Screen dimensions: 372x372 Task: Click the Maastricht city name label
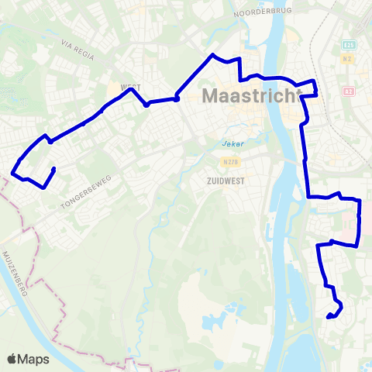(250, 97)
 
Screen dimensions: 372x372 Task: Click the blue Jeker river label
(222, 143)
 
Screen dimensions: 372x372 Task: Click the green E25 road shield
(349, 45)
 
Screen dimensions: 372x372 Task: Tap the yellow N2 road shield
(349, 58)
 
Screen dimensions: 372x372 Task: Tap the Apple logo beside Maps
(12, 360)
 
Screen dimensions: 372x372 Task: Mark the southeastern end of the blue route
(329, 316)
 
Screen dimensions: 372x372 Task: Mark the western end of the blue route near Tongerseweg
(53, 168)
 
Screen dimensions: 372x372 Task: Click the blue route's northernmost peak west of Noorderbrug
(213, 55)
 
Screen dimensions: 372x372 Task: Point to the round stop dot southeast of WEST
(177, 98)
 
